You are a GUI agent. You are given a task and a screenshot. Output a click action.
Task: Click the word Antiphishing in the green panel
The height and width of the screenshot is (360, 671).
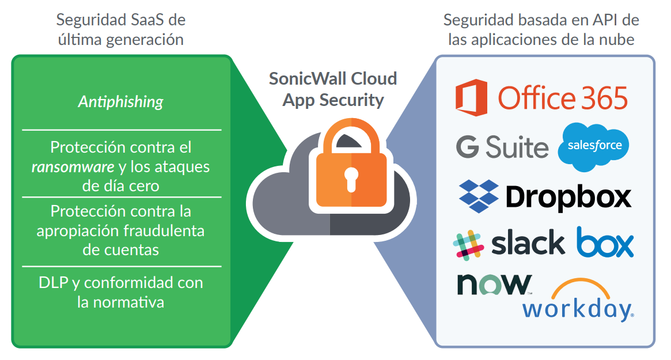pos(120,102)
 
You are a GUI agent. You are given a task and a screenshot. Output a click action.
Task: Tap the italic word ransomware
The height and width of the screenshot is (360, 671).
pos(72,167)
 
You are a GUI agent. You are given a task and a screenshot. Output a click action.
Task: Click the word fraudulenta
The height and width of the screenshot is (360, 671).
pos(165,230)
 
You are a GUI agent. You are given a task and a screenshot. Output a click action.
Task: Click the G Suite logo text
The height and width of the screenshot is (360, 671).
pos(502,147)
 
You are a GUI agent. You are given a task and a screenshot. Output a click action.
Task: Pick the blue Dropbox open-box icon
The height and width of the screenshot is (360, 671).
pos(478,195)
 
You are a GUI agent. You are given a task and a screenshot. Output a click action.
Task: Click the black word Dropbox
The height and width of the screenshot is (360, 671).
pos(568,197)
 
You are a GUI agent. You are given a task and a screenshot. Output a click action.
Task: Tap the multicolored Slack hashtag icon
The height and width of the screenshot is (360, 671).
pos(468,244)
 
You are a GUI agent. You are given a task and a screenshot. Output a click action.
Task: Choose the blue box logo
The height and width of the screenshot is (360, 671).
pos(605,242)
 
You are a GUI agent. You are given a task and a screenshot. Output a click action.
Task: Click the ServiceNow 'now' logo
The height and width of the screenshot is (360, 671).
pos(494,284)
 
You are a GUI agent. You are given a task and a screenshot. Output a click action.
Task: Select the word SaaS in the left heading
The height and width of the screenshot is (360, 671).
pos(151,20)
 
